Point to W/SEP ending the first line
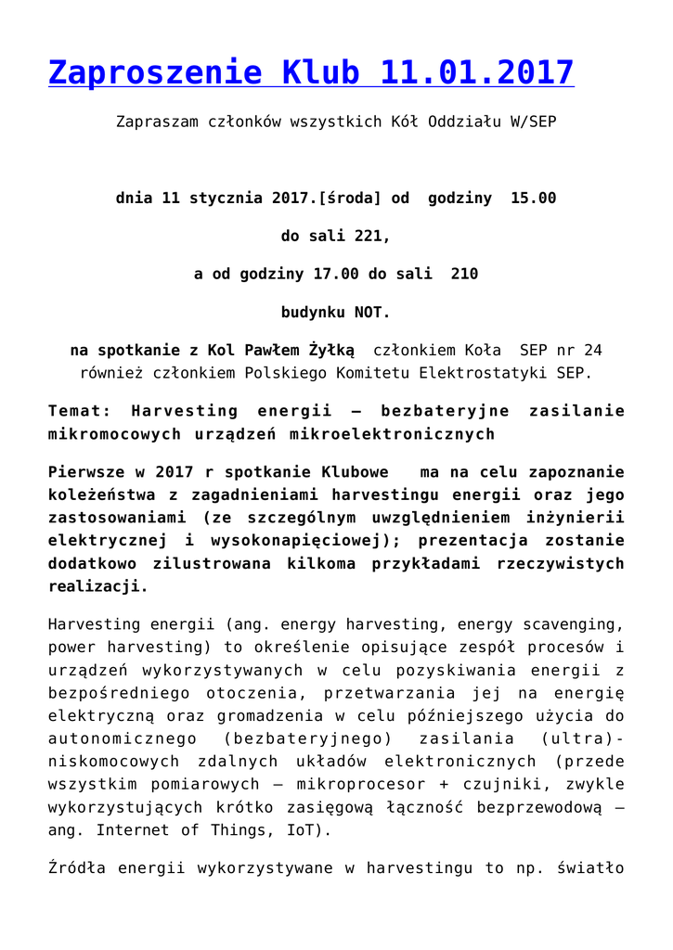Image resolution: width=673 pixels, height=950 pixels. click(532, 122)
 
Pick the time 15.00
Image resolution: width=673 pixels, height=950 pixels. click(533, 198)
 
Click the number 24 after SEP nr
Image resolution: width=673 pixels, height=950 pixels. click(591, 350)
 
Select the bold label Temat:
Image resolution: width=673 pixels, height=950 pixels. click(79, 410)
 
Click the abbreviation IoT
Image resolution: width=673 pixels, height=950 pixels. click(303, 829)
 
